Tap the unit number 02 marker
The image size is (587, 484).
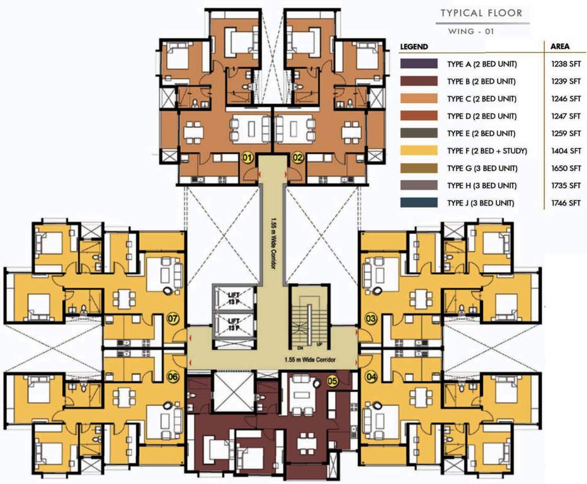(298, 158)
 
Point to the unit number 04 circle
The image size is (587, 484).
(371, 377)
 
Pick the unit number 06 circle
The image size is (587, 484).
(173, 377)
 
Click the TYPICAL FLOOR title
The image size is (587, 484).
(481, 13)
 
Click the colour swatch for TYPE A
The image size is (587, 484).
(419, 64)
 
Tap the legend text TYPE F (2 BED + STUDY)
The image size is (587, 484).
(482, 151)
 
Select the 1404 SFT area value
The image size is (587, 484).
(566, 151)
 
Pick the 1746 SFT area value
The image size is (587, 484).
(566, 203)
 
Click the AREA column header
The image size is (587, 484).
(560, 47)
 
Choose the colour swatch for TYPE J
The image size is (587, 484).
(419, 203)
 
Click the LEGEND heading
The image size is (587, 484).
(414, 47)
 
